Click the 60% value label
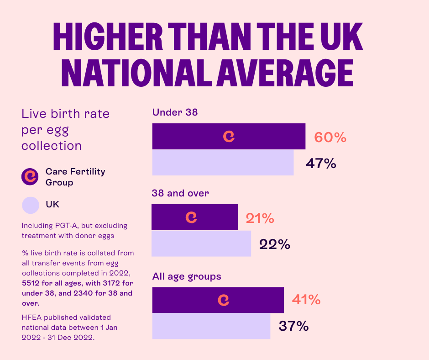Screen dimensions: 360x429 pyautogui.click(x=330, y=137)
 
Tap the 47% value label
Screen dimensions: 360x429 pyautogui.click(x=321, y=163)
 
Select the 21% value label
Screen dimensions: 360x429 pyautogui.click(x=260, y=218)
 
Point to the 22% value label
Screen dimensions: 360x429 pyautogui.click(x=275, y=244)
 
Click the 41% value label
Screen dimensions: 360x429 pyautogui.click(x=306, y=300)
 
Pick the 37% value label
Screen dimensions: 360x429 pyautogui.click(x=293, y=326)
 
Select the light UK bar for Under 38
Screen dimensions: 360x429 pyautogui.click(x=223, y=163)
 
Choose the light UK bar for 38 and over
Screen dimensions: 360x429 pyautogui.click(x=201, y=244)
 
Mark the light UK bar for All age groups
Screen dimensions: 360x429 pyautogui.click(x=211, y=326)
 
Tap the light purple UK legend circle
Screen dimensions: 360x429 pyautogui.click(x=31, y=205)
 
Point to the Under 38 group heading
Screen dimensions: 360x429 pyautogui.click(x=175, y=112)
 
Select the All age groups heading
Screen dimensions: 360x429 pyautogui.click(x=186, y=276)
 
